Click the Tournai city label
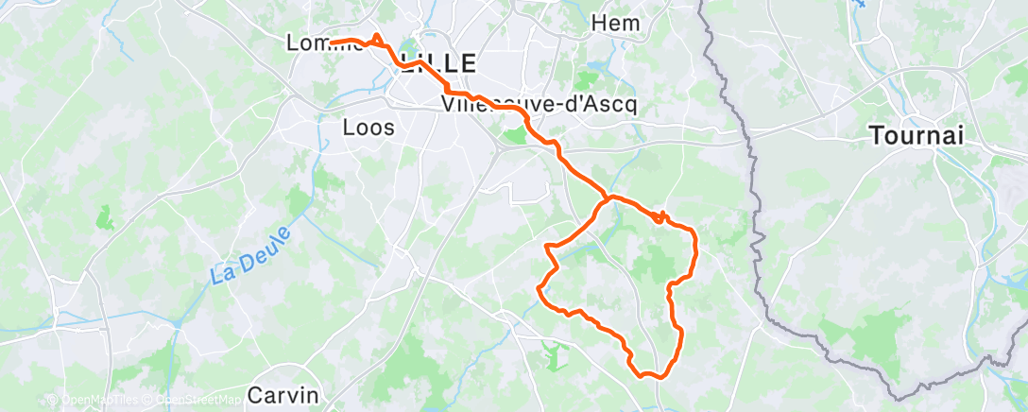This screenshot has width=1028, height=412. pyautogui.click(x=917, y=136)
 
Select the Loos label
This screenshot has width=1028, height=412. pyautogui.click(x=369, y=126)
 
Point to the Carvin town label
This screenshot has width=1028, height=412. pyautogui.click(x=283, y=394)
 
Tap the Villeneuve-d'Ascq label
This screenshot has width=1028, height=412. pyautogui.click(x=539, y=104)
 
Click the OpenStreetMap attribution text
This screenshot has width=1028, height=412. pyautogui.click(x=203, y=401)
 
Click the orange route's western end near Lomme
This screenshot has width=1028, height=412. pyautogui.click(x=332, y=41)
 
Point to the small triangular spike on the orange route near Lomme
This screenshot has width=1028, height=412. pyautogui.click(x=377, y=36)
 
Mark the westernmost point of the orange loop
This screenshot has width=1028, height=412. pyautogui.click(x=539, y=288)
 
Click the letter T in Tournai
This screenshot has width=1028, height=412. pyautogui.click(x=875, y=136)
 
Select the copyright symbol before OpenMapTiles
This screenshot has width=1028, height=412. pyautogui.click(x=52, y=401)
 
